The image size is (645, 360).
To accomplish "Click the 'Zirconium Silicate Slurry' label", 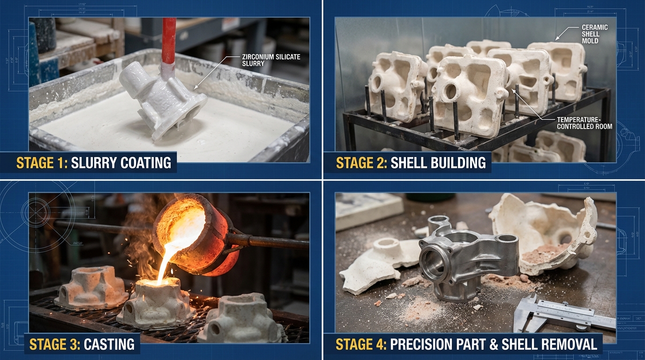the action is pyautogui.click(x=271, y=60).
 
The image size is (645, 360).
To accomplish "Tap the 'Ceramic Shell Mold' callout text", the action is pyautogui.click(x=594, y=34).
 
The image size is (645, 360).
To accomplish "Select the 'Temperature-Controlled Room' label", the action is pyautogui.click(x=584, y=123).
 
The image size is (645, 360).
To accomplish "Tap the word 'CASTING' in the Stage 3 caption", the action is pyautogui.click(x=109, y=344).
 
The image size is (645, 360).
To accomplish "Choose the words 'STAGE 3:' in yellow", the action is pyautogui.click(x=55, y=344).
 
